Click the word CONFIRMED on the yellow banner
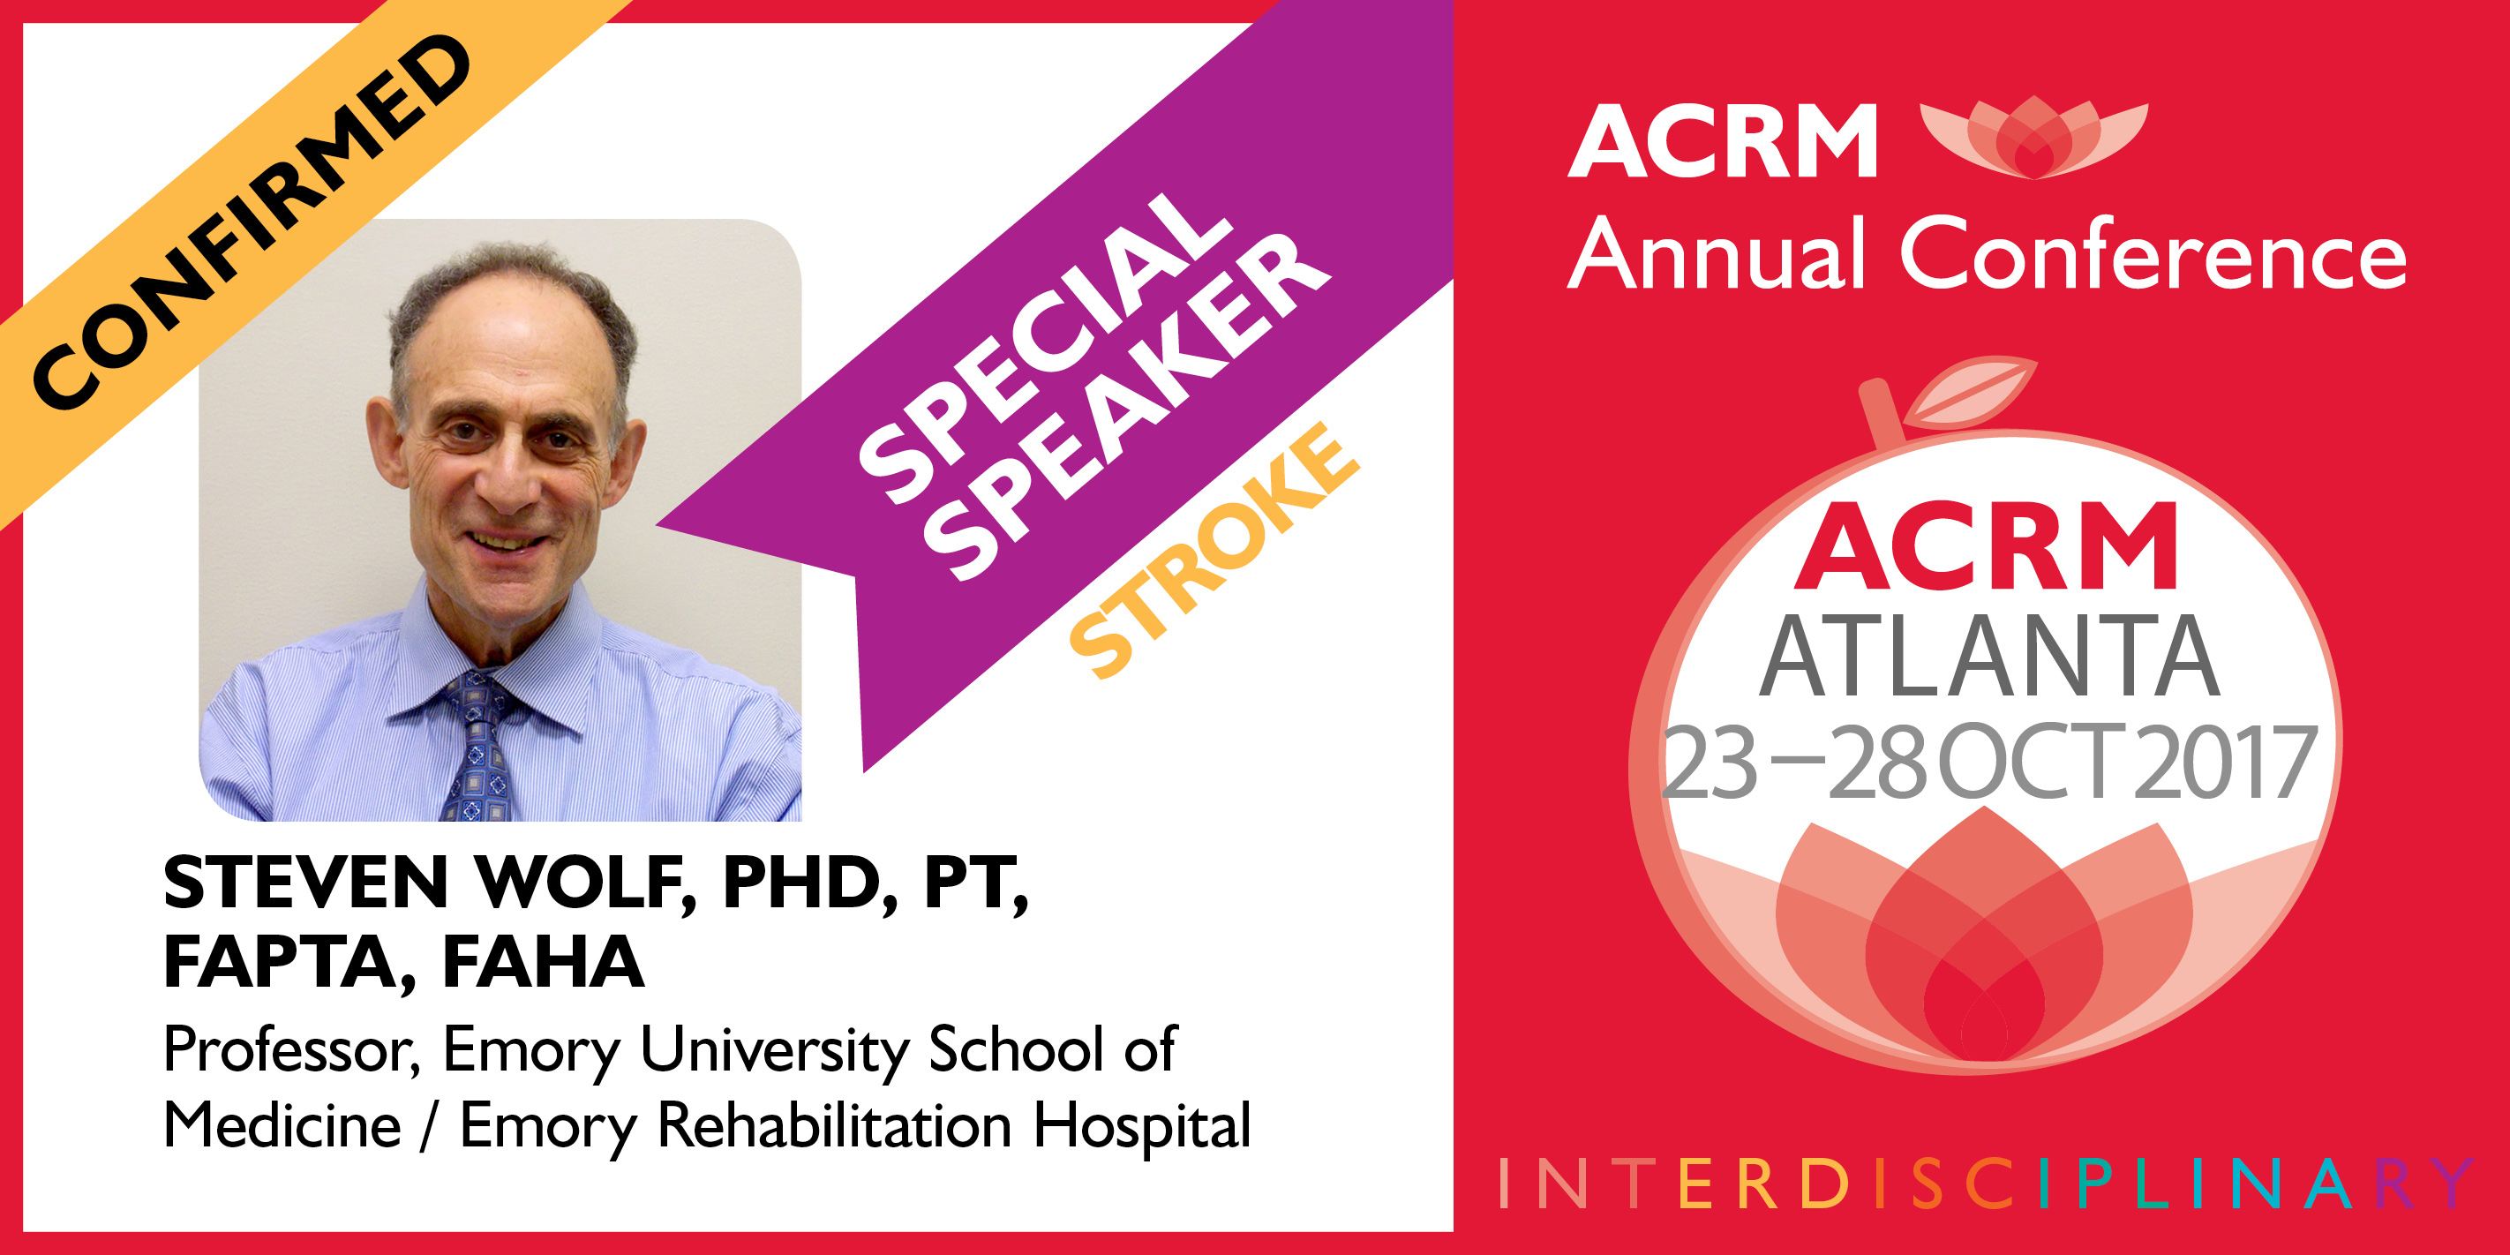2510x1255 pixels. [252, 222]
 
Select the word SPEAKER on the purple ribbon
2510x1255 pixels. [1126, 406]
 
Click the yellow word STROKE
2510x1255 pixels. [1214, 550]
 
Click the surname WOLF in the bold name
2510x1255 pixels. [584, 883]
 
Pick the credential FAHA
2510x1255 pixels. [544, 962]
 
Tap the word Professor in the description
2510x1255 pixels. [291, 1050]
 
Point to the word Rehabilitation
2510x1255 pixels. [835, 1124]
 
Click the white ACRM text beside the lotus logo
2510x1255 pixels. [1723, 142]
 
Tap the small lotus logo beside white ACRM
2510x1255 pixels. [2033, 138]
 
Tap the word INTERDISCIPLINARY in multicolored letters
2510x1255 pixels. [1986, 1183]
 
